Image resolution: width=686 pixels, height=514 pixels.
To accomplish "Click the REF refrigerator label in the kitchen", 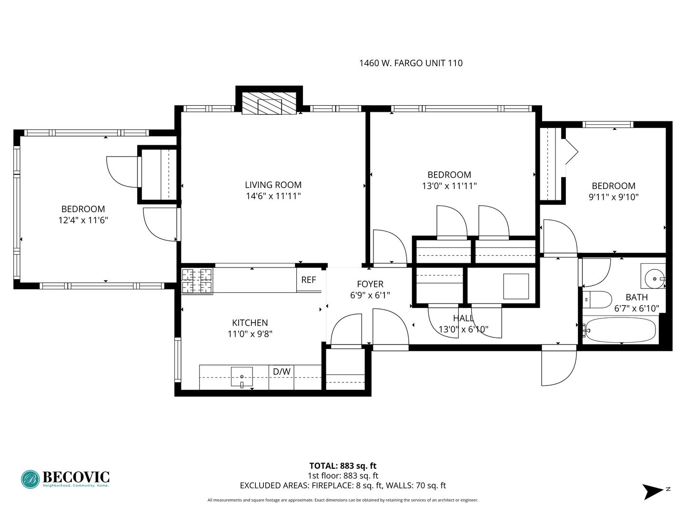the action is [x=308, y=280].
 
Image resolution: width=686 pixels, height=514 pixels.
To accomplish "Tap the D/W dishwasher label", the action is [x=282, y=371].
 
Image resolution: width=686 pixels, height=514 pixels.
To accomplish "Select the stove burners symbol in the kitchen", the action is [x=197, y=281].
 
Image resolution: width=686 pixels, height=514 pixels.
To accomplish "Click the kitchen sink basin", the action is [x=242, y=376].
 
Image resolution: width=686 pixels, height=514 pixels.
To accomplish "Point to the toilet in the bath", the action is [x=597, y=300].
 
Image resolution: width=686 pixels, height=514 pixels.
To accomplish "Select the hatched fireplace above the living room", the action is [x=270, y=103].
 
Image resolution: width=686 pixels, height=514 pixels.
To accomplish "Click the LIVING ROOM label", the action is [x=273, y=185].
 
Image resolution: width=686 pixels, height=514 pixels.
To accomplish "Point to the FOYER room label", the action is [x=370, y=284].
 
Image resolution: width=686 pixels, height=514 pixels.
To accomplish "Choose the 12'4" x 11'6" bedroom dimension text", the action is [x=83, y=220].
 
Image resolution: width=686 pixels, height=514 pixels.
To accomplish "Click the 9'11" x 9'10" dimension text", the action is [x=614, y=197].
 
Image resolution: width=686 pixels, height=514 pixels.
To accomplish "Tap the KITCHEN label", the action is [x=250, y=323].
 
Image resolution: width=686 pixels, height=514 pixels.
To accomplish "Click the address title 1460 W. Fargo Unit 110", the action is [x=411, y=63].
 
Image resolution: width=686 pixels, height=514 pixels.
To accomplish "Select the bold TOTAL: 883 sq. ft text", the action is [x=343, y=466].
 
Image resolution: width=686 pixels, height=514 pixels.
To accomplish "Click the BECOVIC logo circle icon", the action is [x=30, y=479].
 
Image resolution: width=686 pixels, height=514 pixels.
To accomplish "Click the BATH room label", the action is [x=636, y=297].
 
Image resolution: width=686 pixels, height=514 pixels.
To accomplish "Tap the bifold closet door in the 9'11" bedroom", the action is [x=571, y=152].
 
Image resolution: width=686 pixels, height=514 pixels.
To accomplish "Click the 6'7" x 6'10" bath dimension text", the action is [x=636, y=309].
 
